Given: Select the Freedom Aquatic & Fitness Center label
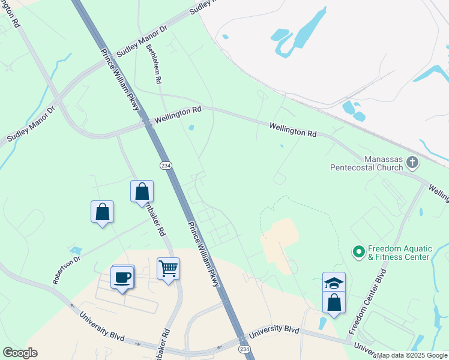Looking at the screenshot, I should tap(398, 253).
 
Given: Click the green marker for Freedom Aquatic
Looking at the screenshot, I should tap(360, 251).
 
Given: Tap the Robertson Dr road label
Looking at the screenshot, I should tap(66, 271).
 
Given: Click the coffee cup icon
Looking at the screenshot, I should tap(122, 277).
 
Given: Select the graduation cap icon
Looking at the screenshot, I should tap(334, 282).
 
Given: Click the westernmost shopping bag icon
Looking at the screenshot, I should tap(102, 211).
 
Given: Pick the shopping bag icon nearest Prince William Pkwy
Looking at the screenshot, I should tap(142, 191).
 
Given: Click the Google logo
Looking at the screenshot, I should tap(20, 352).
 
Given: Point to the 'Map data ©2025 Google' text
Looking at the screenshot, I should tap(412, 355).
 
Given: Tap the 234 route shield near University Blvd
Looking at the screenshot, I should tap(244, 349).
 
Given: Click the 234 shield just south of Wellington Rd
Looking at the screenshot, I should tap(165, 165).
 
